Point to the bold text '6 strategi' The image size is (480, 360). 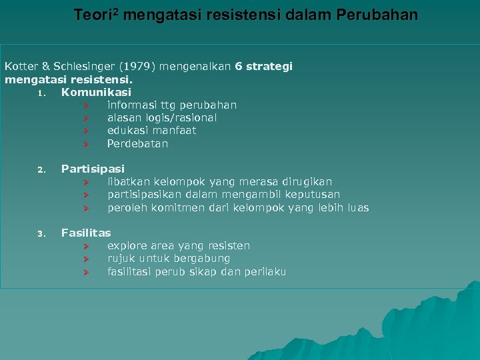263,67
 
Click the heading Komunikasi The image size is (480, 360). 96,92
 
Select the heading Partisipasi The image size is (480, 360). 93,169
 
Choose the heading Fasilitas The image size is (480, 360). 86,233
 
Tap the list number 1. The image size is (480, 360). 41,93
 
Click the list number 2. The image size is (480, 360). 41,169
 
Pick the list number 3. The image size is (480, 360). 41,233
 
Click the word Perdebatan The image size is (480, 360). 137,143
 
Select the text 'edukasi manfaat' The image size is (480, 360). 151,131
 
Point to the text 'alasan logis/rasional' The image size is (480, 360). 162,118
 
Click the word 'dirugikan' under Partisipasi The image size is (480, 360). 307,182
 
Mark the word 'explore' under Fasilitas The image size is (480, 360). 127,246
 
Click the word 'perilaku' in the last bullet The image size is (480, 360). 265,271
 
